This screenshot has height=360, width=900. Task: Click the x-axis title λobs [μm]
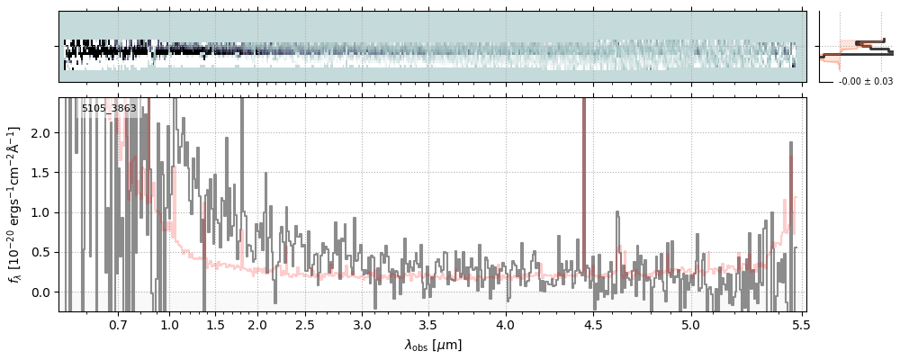433,345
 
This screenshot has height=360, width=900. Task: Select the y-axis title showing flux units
15,204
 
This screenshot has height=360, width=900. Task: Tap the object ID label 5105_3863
109,109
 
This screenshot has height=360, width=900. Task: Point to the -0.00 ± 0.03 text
865,82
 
